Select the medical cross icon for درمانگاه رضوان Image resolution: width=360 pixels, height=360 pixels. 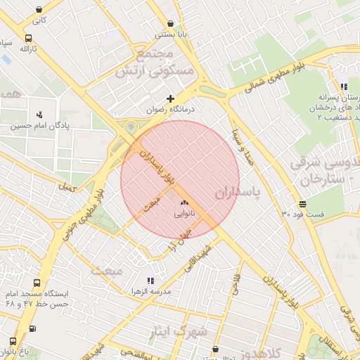170,98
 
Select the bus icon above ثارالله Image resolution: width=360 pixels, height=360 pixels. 28,39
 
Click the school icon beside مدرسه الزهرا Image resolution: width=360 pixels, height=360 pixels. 150,281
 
